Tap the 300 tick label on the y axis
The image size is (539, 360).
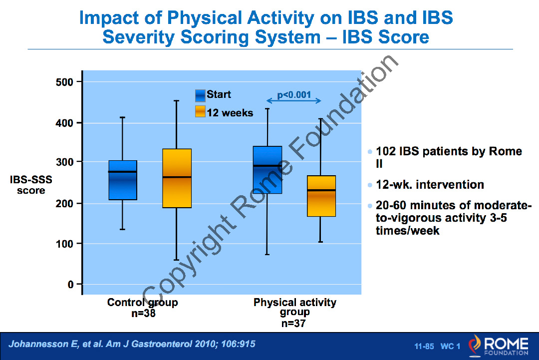[64, 162]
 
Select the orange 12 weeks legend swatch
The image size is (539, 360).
[200, 111]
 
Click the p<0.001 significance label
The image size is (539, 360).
[294, 95]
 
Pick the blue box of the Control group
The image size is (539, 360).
[123, 180]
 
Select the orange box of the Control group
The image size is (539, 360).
[177, 178]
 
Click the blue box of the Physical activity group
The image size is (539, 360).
[267, 170]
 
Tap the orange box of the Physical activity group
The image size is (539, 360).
[320, 196]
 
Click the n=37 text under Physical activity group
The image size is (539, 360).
[294, 323]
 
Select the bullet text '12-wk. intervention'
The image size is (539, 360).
[430, 185]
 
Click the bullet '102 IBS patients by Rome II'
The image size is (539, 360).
[448, 157]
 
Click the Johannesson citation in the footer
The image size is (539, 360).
[132, 345]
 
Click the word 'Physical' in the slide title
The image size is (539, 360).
[205, 18]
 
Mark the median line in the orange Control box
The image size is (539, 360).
[177, 177]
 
